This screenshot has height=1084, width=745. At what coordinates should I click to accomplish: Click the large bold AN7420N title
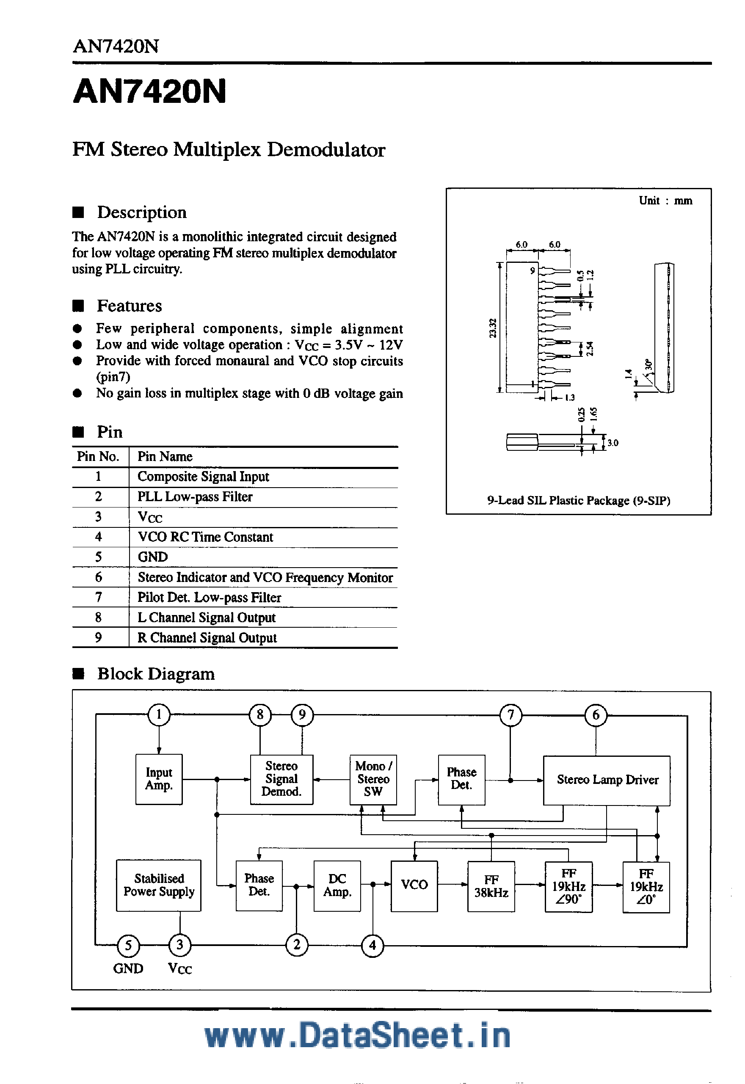coord(149,91)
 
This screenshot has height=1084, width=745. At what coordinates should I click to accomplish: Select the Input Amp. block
coord(159,779)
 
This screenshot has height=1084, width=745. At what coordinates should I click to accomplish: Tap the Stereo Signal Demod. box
coord(281,779)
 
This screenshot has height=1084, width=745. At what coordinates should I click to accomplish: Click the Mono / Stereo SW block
coord(373,779)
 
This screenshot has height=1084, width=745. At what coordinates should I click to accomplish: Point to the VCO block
coord(414,885)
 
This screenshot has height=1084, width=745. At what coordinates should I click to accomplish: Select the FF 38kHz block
coord(491,885)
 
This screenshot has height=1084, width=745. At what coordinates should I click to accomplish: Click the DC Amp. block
coord(337,885)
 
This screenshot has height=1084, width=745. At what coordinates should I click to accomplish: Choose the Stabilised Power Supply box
coord(159,885)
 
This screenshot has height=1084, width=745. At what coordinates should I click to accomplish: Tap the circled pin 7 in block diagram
coord(510,715)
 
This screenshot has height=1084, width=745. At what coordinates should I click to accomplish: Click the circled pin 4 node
coord(372,946)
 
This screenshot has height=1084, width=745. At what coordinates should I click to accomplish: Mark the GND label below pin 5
coord(128,968)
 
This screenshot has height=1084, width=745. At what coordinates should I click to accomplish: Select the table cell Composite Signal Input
coord(203,477)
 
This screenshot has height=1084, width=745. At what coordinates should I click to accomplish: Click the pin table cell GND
coord(153,557)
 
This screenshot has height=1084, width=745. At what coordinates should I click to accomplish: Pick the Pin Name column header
coord(165,456)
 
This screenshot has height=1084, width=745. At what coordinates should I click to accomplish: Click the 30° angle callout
coord(648,364)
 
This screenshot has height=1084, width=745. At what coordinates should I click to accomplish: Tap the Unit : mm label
coord(665,201)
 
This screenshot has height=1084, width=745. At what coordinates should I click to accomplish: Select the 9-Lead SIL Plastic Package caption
coord(578,500)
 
